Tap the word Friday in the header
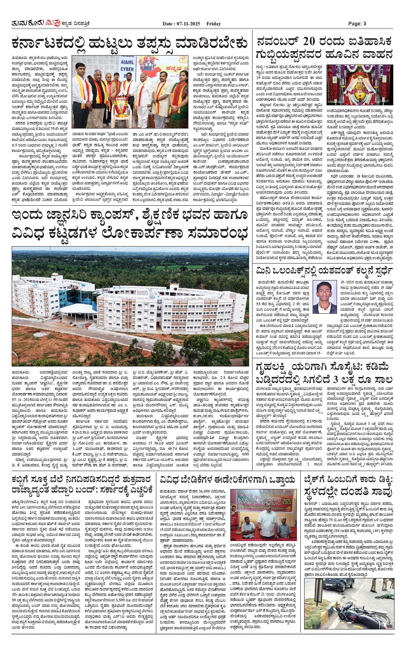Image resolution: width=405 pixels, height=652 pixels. coord(213,24)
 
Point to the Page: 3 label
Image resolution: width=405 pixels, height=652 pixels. coord(357,24)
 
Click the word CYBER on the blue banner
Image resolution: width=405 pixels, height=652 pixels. coord(127,69)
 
